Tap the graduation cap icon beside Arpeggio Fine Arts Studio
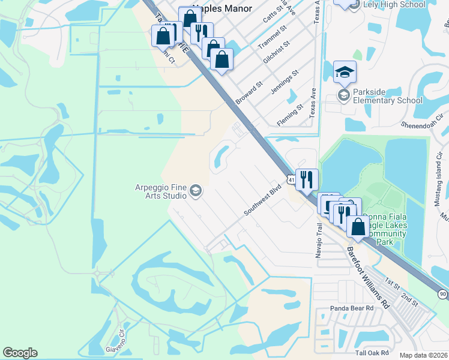195,191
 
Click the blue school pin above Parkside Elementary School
345,73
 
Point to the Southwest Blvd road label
262,200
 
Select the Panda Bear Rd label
352,308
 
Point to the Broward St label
249,94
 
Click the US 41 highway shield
291,179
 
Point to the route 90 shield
442,294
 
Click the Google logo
20,353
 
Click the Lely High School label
387,5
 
